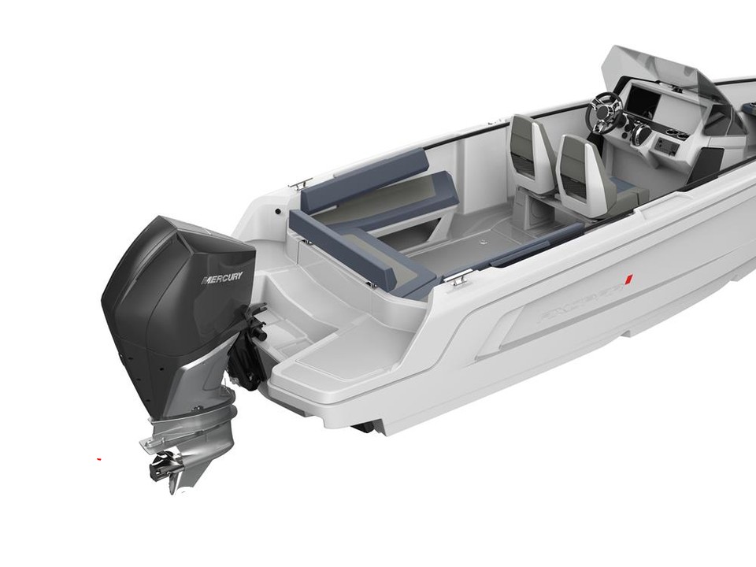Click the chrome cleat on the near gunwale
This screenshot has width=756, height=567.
tap(461, 276)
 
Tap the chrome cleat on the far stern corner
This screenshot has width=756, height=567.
tap(298, 183)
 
